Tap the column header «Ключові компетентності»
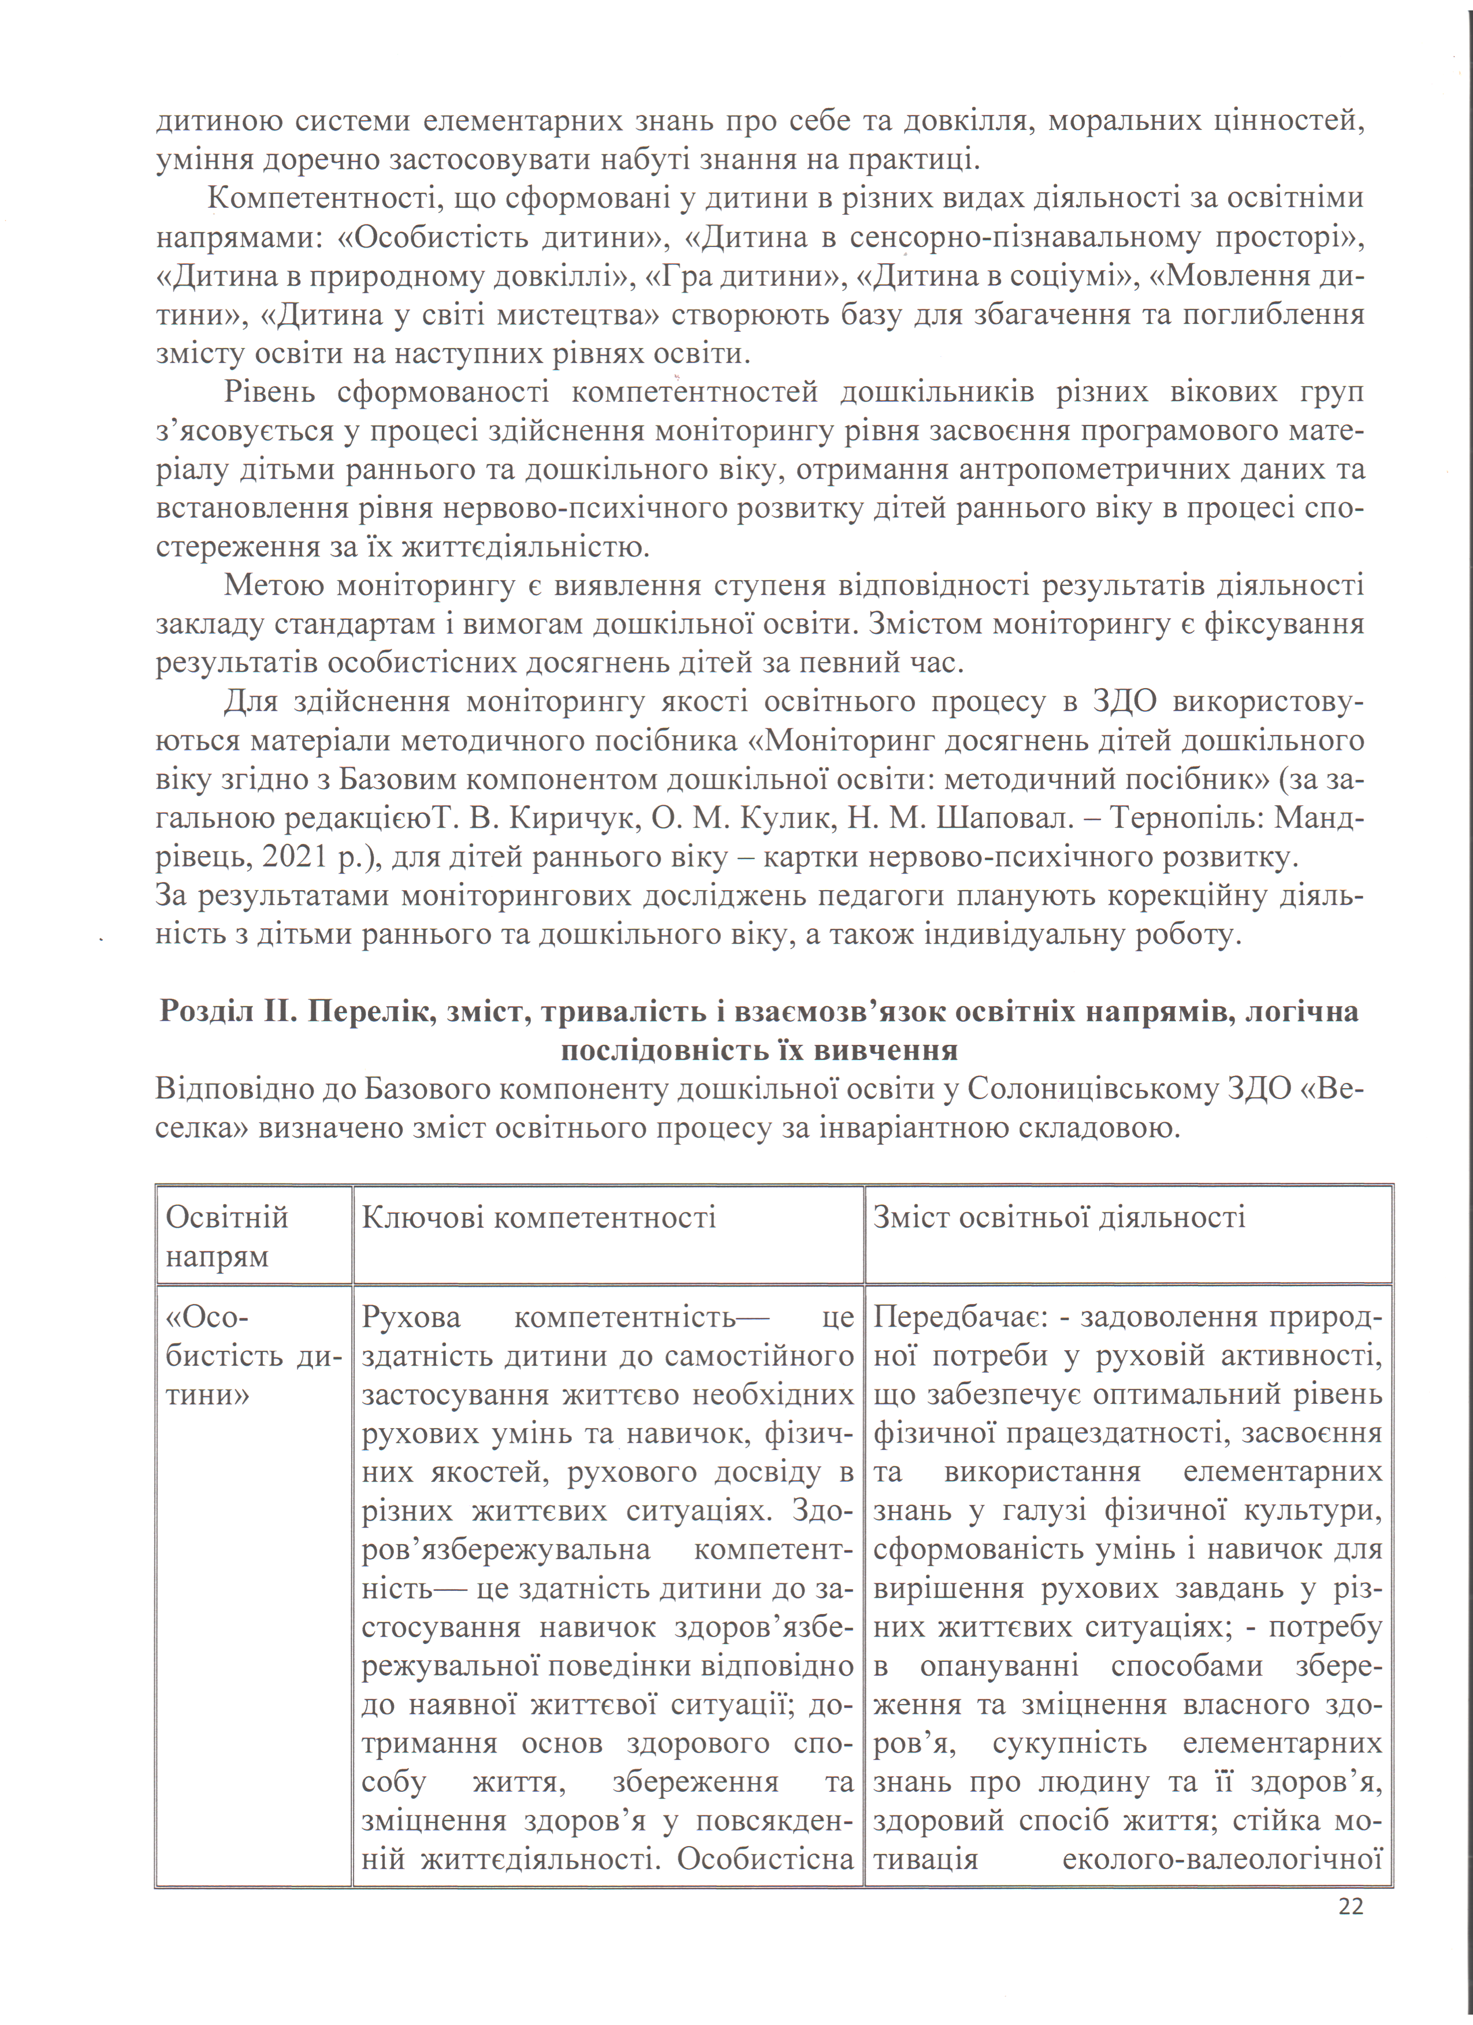[538, 1217]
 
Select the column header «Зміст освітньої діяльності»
[1058, 1217]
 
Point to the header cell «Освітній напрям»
[227, 1236]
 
